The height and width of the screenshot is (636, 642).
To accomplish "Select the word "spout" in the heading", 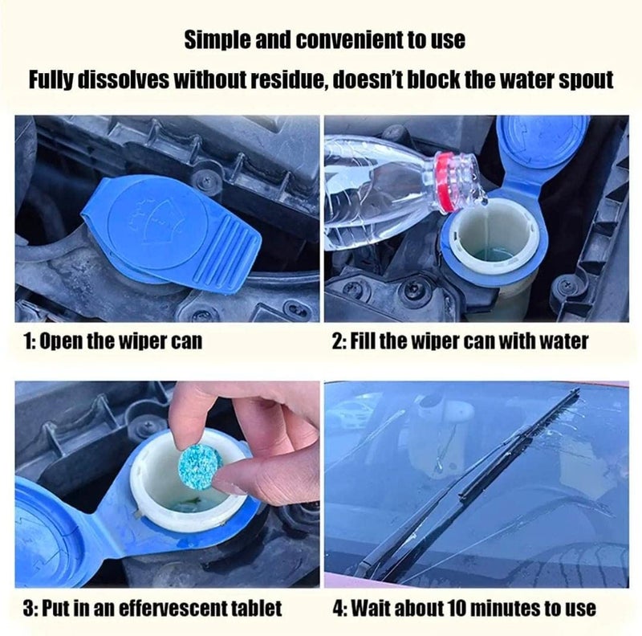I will [586, 79].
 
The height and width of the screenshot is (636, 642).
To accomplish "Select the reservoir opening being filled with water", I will [490, 238].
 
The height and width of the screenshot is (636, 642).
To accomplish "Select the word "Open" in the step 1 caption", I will [63, 341].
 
